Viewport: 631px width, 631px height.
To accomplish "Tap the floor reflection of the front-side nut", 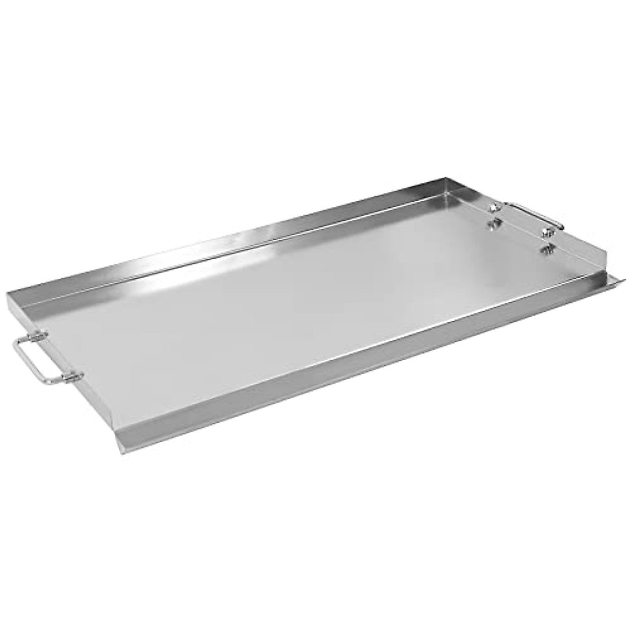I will tap(546, 250).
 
